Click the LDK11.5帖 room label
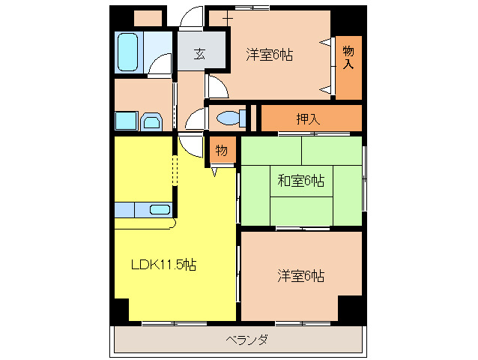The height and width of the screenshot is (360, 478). click(x=164, y=265)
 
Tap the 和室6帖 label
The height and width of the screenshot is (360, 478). click(x=300, y=181)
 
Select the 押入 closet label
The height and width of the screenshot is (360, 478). click(x=307, y=118)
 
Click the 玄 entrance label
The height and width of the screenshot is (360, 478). click(x=200, y=53)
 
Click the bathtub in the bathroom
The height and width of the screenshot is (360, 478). click(x=130, y=52)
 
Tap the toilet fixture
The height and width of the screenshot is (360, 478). click(x=228, y=117)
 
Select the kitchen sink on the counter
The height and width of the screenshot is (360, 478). click(x=160, y=209)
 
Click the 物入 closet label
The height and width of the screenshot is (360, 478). click(x=348, y=58)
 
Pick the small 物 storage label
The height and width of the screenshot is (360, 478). click(x=222, y=150)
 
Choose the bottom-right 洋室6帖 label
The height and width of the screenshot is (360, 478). click(x=300, y=275)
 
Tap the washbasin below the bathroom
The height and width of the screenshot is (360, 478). click(x=152, y=122)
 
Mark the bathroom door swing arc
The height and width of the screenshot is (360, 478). click(x=160, y=65)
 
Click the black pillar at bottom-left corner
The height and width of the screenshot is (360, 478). click(x=120, y=310)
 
